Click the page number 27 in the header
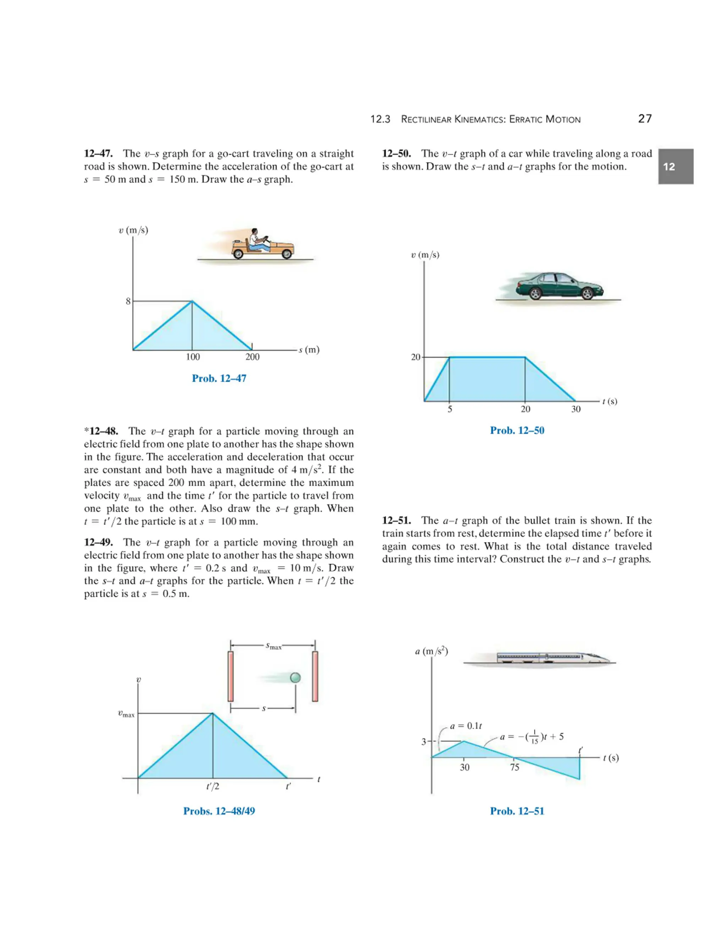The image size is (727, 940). pyautogui.click(x=645, y=119)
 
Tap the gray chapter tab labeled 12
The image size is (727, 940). pyautogui.click(x=675, y=167)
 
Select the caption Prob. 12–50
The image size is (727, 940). pyautogui.click(x=517, y=430)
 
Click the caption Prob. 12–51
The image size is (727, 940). pyautogui.click(x=517, y=811)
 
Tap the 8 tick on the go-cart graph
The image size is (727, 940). pyautogui.click(x=128, y=301)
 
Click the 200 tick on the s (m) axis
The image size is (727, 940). pyautogui.click(x=252, y=357)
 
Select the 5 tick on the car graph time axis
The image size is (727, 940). pyautogui.click(x=450, y=409)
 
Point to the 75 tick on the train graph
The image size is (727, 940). pyautogui.click(x=515, y=767)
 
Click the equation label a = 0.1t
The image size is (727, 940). pyautogui.click(x=466, y=726)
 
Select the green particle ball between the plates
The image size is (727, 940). pyautogui.click(x=295, y=678)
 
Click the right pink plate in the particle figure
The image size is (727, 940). pyautogui.click(x=315, y=676)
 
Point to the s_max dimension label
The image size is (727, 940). pyautogui.click(x=273, y=646)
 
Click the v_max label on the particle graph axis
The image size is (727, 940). pyautogui.click(x=126, y=714)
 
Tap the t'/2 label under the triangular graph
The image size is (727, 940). pyautogui.click(x=213, y=786)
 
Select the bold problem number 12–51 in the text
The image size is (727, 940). pyautogui.click(x=396, y=520)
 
